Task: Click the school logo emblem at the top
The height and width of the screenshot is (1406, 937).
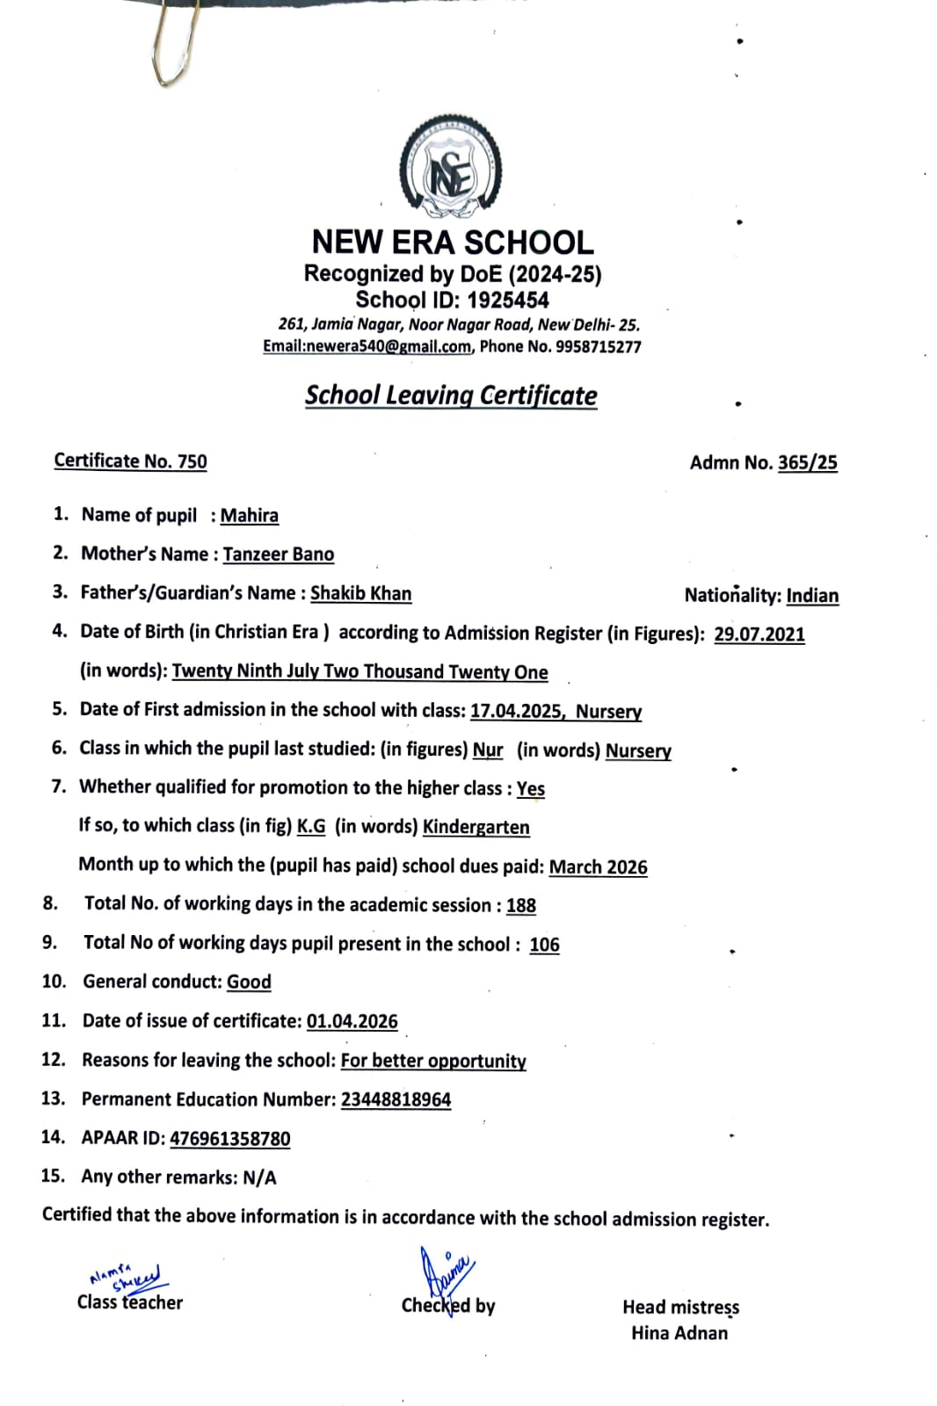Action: tap(451, 167)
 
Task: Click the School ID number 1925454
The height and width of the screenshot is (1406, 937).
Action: tap(507, 301)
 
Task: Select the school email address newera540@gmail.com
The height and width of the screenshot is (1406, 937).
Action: tap(388, 346)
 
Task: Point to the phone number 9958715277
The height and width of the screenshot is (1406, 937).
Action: tap(598, 346)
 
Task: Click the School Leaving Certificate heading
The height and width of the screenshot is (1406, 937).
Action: tap(451, 395)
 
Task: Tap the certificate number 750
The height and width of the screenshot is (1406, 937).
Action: tap(192, 461)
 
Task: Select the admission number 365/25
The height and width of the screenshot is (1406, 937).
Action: tap(807, 462)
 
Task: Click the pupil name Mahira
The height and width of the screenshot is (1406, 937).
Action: tap(249, 516)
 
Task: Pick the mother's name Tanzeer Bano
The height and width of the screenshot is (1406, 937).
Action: tap(278, 554)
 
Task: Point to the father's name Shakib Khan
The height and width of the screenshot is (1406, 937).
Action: tap(360, 593)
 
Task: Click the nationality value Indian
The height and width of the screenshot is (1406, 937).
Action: tap(812, 596)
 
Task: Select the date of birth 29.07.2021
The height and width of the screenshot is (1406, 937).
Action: tap(759, 634)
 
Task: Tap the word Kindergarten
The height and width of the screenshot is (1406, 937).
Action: tap(476, 827)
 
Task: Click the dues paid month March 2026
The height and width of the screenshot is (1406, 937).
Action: tap(598, 866)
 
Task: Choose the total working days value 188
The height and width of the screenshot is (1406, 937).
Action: tap(520, 905)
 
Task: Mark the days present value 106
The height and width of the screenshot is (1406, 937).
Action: tap(544, 945)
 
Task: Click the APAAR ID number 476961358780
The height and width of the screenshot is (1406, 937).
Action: tap(229, 1139)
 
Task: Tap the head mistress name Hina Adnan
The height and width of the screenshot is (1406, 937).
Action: tap(679, 1333)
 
